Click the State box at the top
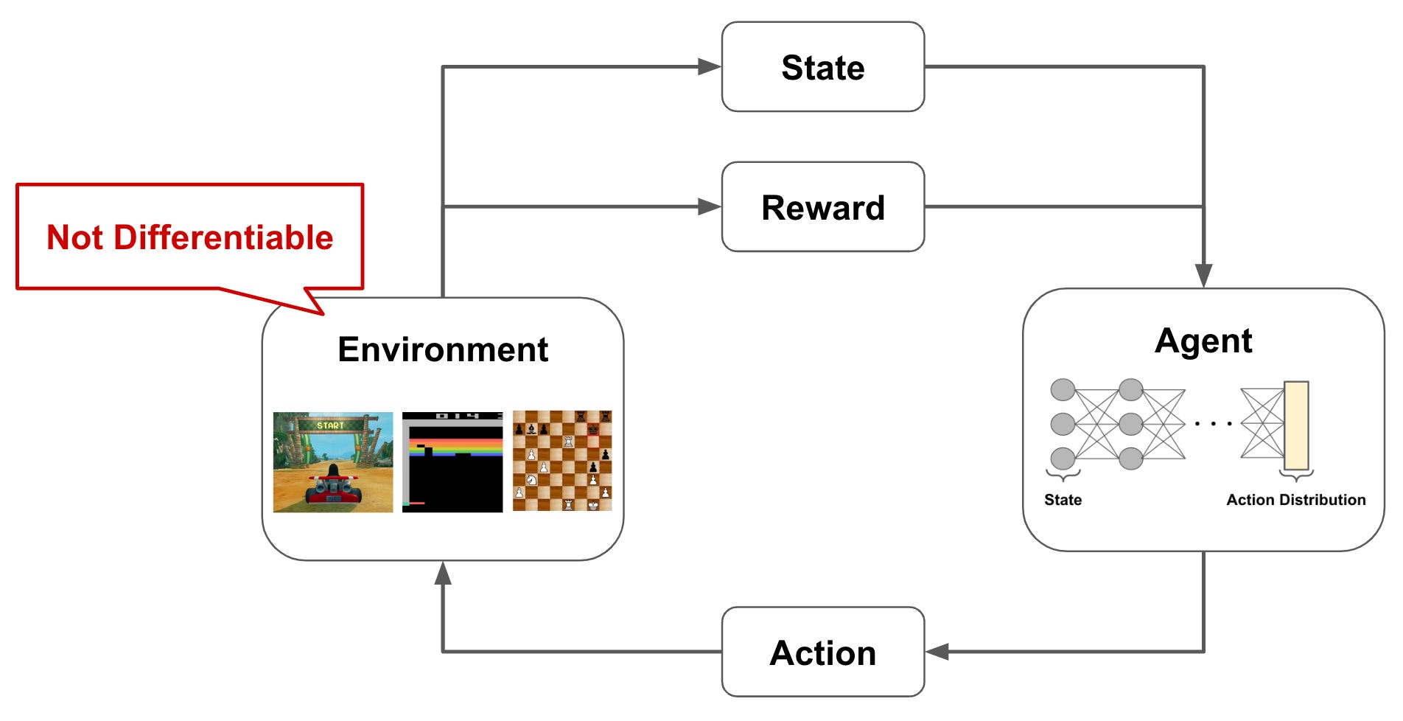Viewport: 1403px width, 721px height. point(822,67)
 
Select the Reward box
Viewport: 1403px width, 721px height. point(822,207)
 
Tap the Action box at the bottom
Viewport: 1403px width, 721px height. point(822,652)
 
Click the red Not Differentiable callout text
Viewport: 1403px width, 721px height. point(189,237)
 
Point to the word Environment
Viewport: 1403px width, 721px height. point(442,349)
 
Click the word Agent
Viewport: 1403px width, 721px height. point(1203,341)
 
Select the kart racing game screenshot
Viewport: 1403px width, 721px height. point(333,462)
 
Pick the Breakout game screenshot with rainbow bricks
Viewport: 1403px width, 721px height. point(452,462)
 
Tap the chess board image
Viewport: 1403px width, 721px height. point(562,461)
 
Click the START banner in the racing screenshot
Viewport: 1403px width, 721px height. point(330,425)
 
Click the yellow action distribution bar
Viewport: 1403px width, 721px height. point(1296,425)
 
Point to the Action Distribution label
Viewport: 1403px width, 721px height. point(1295,500)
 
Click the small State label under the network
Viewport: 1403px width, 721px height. point(1063,500)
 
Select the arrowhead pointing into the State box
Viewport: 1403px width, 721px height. point(710,67)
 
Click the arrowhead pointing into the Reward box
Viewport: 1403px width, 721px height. point(710,207)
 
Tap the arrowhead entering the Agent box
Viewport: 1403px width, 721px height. point(1203,276)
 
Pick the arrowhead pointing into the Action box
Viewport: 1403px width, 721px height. point(937,652)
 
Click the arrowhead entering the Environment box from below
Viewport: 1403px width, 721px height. point(442,574)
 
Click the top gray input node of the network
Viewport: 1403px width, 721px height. point(1063,390)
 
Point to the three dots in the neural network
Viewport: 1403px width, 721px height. point(1213,424)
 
